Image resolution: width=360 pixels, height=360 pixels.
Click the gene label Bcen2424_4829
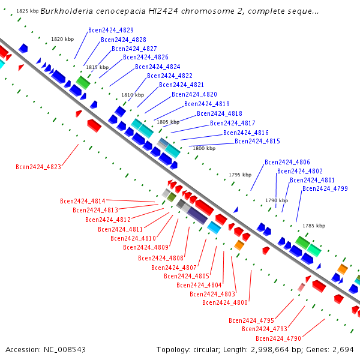click(x=111, y=30)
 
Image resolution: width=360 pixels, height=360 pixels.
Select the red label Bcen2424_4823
click(x=38, y=167)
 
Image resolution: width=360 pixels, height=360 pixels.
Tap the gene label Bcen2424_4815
click(x=257, y=141)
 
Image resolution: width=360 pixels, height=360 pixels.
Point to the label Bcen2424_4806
click(x=287, y=162)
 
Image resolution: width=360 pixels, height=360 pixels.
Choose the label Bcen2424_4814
click(x=83, y=201)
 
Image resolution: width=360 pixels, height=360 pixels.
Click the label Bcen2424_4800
click(x=225, y=302)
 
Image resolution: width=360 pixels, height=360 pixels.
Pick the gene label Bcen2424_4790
click(x=278, y=338)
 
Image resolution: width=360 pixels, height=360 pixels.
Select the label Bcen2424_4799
click(x=325, y=188)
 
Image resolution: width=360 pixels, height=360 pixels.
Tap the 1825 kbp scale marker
click(x=28, y=11)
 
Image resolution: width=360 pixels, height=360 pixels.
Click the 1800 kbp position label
click(x=204, y=148)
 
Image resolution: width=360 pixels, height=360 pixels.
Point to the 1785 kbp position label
click(x=314, y=226)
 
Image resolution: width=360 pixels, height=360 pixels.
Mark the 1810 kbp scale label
click(x=133, y=95)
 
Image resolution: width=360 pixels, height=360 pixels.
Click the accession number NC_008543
click(x=65, y=350)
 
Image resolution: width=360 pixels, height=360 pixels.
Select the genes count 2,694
click(x=343, y=350)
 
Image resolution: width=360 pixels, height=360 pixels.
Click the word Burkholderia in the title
click(x=67, y=11)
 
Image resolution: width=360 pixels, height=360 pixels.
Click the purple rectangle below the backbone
click(x=197, y=215)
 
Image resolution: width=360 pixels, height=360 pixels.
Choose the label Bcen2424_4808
click(x=161, y=258)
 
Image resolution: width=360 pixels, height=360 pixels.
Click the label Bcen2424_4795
click(x=251, y=320)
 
